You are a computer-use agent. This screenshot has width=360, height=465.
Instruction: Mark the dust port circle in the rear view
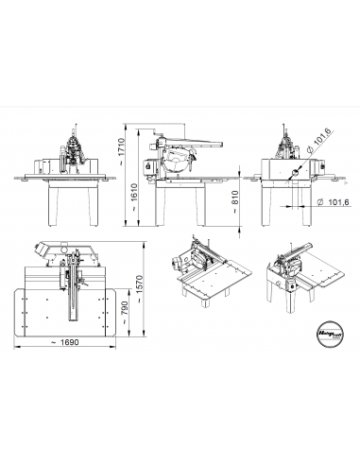(x=297, y=172)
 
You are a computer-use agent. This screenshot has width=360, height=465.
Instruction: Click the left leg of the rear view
(x=266, y=203)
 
